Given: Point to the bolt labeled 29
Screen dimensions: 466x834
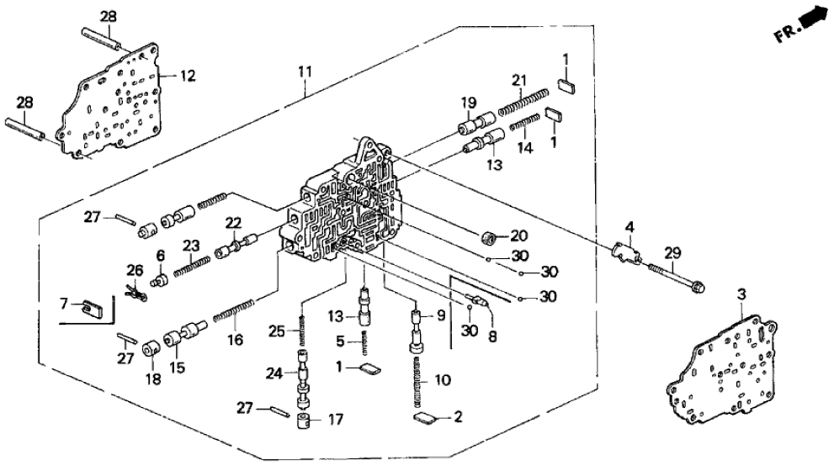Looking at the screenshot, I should (674, 275).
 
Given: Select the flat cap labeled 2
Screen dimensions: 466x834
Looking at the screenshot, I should (428, 416).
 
